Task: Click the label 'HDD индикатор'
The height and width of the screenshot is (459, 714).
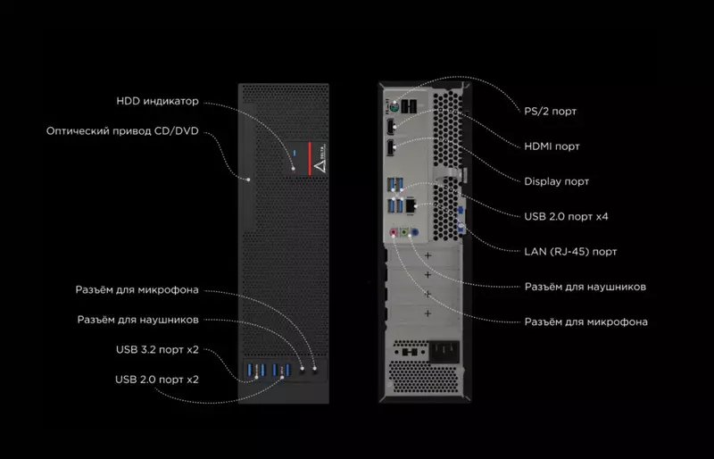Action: tap(158, 100)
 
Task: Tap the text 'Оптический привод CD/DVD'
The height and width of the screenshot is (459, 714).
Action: tap(122, 131)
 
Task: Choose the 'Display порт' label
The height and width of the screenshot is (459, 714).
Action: tap(556, 180)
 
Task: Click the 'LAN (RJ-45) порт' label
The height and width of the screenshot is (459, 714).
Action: tap(570, 252)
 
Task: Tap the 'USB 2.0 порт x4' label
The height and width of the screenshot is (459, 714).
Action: tap(567, 216)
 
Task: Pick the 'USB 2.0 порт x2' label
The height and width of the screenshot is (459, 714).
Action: tap(157, 379)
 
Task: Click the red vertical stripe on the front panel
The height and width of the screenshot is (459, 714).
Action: tap(308, 161)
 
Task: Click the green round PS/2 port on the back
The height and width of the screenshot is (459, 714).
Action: tap(393, 105)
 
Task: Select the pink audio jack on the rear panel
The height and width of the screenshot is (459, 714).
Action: tap(394, 231)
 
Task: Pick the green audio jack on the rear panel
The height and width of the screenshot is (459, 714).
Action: tap(403, 231)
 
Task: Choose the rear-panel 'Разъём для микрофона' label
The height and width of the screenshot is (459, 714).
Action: tap(586, 321)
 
